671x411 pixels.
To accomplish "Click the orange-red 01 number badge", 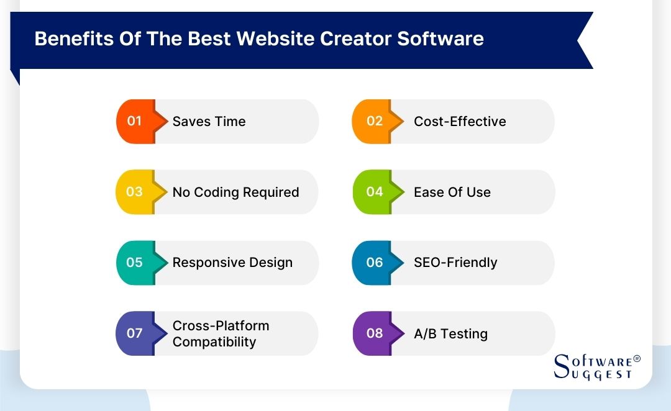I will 135,121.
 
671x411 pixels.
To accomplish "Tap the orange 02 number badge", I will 375,121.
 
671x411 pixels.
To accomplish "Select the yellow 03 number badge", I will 135,192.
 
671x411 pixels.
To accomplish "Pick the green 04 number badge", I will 375,192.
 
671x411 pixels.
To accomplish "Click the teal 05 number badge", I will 135,263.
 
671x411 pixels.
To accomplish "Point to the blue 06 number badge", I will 375,263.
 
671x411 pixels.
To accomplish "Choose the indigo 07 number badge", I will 135,333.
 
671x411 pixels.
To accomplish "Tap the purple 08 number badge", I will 375,333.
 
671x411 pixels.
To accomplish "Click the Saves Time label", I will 209,122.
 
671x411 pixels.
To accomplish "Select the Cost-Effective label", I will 460,122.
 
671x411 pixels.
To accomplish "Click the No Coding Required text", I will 235,192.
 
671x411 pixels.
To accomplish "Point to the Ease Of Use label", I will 452,192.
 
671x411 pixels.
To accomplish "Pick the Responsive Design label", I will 232,263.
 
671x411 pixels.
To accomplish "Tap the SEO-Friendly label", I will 455,263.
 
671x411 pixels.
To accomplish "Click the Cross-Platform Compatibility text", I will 221,333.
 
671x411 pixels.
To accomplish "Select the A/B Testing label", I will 450,333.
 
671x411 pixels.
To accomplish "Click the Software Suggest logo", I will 596,366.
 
